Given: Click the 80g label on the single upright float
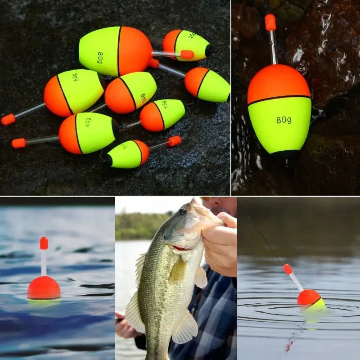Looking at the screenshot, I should (x=283, y=120).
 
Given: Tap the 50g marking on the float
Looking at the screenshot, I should (x=76, y=77).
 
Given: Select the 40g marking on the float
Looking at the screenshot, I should (x=88, y=122).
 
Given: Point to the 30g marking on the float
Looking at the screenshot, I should (x=143, y=98).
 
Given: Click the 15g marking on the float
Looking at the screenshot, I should (x=165, y=105).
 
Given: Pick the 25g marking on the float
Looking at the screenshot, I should (x=192, y=35).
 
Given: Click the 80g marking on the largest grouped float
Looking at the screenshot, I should (x=100, y=58).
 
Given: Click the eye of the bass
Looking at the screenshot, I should (x=182, y=211).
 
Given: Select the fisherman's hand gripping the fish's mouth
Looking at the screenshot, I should (x=220, y=243).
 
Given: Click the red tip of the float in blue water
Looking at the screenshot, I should (x=44, y=243).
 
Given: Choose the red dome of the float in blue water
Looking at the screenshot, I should (x=44, y=288).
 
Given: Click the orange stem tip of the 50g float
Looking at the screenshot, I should (x=8, y=119).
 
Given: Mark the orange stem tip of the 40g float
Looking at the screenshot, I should (x=18, y=143).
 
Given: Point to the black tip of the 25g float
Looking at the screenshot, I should (x=209, y=50).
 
